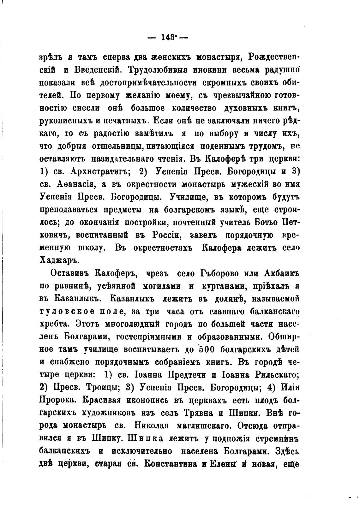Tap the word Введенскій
[x=98, y=70]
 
